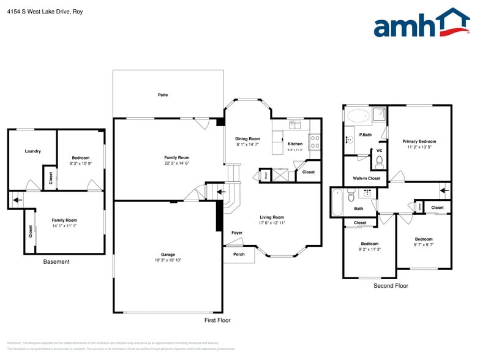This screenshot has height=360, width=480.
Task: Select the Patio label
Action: click(163, 95)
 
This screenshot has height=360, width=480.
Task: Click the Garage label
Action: click(168, 254)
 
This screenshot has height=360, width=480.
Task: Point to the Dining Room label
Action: click(248, 139)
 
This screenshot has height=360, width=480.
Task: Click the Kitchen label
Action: click(295, 144)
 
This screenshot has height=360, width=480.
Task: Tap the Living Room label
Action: click(272, 217)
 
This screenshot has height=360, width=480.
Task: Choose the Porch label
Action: click(238, 255)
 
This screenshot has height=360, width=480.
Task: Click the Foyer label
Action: click(237, 233)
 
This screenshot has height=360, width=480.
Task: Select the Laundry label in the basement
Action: click(32, 151)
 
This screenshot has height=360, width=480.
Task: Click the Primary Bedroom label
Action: click(419, 141)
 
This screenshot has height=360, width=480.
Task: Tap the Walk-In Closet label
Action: click(366, 178)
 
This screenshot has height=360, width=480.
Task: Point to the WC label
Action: click(379, 151)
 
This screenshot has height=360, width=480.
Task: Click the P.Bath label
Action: click(366, 135)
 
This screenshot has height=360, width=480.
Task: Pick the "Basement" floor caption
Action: click(56, 262)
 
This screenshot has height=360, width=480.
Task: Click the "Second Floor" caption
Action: click(391, 286)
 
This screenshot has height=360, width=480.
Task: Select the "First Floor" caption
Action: click(217, 320)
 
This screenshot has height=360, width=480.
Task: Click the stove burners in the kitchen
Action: click(315, 142)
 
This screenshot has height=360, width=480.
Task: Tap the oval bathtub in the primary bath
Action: click(356, 114)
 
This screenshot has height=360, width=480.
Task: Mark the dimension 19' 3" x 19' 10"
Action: click(168, 260)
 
